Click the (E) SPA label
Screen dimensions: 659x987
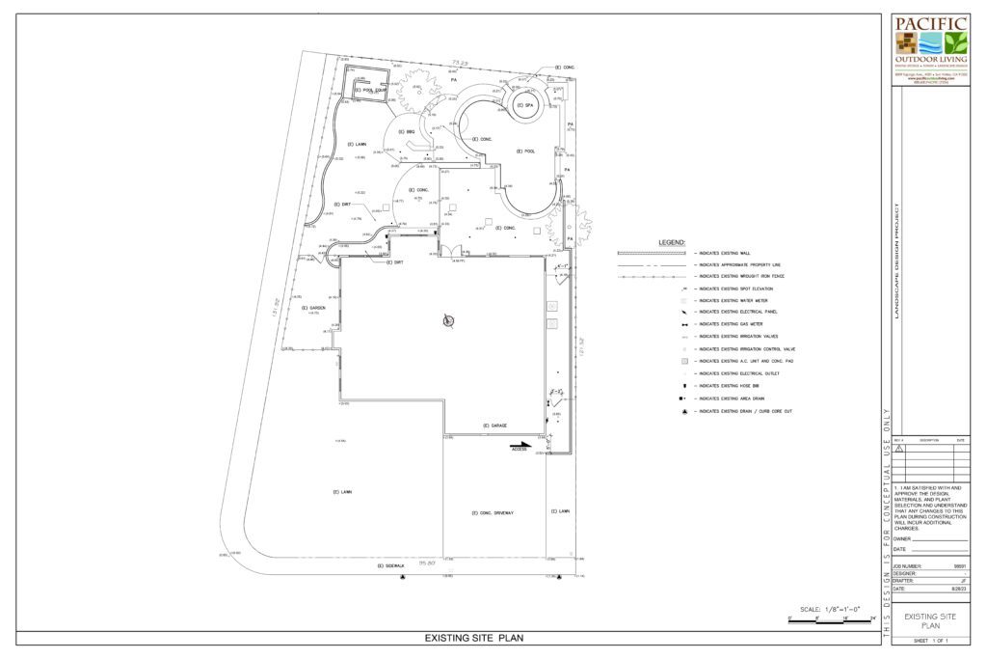(x=527, y=105)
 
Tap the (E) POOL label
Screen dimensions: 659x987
(x=525, y=151)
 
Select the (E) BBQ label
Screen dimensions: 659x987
(x=408, y=131)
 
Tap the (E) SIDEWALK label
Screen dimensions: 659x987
(x=393, y=565)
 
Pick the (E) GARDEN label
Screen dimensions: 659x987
(x=312, y=308)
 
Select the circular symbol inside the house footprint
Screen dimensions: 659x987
(x=446, y=321)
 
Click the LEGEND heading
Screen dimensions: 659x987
(x=672, y=241)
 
